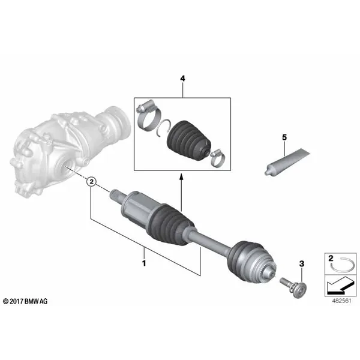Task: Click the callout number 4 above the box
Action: coord(182,79)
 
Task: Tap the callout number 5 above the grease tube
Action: coord(284,137)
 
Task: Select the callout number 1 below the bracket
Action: coord(144,263)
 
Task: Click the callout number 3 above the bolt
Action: coord(302,263)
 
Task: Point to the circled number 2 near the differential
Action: coord(92,182)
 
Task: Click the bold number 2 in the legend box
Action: coord(331,258)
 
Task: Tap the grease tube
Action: coord(287,162)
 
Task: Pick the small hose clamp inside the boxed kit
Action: coord(217,158)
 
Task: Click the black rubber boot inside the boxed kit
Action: coord(188,140)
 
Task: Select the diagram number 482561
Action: coord(342,301)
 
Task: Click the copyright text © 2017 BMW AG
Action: coord(25,301)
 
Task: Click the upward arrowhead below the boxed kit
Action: coord(181,176)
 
